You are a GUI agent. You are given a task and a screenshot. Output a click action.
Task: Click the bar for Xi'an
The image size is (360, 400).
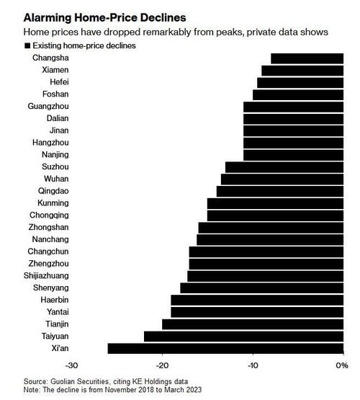(225, 348)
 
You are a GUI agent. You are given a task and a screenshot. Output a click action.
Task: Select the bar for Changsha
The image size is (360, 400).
(307, 58)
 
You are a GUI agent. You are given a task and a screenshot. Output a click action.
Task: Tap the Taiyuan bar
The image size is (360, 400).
(243, 336)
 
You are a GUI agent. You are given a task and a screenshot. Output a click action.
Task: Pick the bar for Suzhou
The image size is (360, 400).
(284, 167)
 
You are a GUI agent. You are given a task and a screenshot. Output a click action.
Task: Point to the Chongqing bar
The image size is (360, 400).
(275, 215)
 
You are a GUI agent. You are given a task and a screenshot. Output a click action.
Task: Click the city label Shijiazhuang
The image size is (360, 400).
(45, 275)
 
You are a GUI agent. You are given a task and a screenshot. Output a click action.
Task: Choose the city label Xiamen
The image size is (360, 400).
(55, 71)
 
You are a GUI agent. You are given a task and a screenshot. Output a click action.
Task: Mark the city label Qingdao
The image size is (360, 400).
(54, 191)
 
